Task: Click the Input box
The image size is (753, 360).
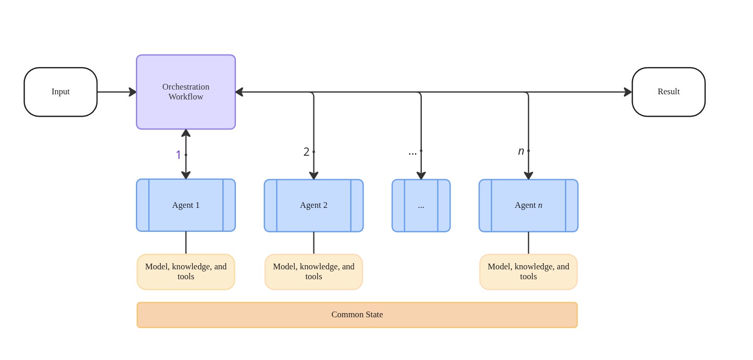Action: [x=60, y=92]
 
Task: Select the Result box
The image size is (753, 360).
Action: [x=668, y=92]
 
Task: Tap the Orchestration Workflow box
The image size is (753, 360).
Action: [x=185, y=92]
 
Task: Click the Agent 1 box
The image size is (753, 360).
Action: [x=185, y=205]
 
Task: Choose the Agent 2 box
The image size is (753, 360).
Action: [x=313, y=205]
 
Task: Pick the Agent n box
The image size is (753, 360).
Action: [x=528, y=205]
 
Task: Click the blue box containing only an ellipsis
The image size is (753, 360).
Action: [x=421, y=205]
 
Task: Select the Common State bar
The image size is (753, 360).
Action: [x=357, y=315]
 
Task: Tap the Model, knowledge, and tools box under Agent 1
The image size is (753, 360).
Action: [x=185, y=271]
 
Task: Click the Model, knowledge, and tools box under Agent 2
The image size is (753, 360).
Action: [x=313, y=271]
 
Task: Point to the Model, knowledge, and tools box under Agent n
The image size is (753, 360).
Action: [x=528, y=271]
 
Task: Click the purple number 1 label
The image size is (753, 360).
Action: [x=178, y=155]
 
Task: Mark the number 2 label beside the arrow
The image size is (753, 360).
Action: [x=306, y=152]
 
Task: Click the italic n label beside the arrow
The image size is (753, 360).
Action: [x=521, y=151]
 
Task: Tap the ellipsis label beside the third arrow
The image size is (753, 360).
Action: [x=412, y=152]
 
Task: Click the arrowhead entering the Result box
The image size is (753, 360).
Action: [x=628, y=92]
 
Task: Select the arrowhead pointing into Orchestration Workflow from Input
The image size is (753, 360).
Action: [x=133, y=92]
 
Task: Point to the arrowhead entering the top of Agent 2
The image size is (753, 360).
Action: [x=313, y=176]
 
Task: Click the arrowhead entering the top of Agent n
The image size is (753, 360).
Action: [x=528, y=176]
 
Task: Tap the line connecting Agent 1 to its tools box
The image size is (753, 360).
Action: [x=186, y=242]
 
